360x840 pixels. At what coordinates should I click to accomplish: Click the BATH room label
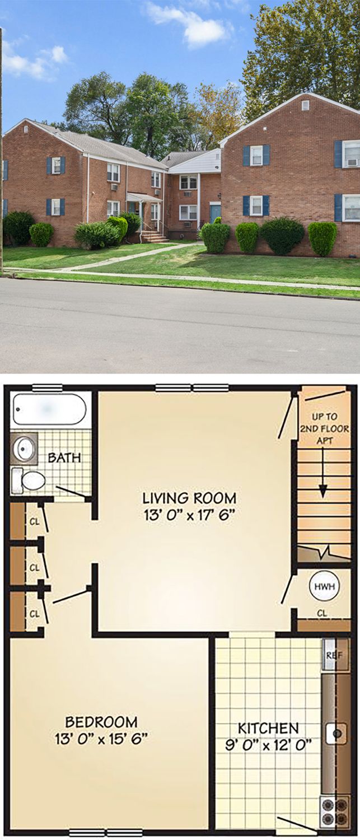pyautogui.click(x=64, y=458)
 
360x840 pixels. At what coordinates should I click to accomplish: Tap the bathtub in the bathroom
pyautogui.click(x=49, y=409)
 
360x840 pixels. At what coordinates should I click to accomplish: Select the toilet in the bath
pyautogui.click(x=29, y=480)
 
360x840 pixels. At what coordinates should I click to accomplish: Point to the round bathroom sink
pyautogui.click(x=25, y=449)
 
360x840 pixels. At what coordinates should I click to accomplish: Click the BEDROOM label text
pyautogui.click(x=101, y=721)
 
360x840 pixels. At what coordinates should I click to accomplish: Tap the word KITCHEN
pyautogui.click(x=269, y=728)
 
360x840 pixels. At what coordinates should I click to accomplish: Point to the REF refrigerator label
pyautogui.click(x=333, y=655)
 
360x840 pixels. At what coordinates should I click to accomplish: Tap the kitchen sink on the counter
pyautogui.click(x=336, y=732)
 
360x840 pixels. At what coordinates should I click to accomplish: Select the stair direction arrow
pyautogui.click(x=323, y=473)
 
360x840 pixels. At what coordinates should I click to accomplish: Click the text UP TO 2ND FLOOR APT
pyautogui.click(x=324, y=428)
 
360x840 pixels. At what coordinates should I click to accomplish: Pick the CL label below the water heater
pyautogui.click(x=322, y=614)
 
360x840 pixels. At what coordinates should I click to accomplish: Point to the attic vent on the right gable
pyautogui.click(x=306, y=106)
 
